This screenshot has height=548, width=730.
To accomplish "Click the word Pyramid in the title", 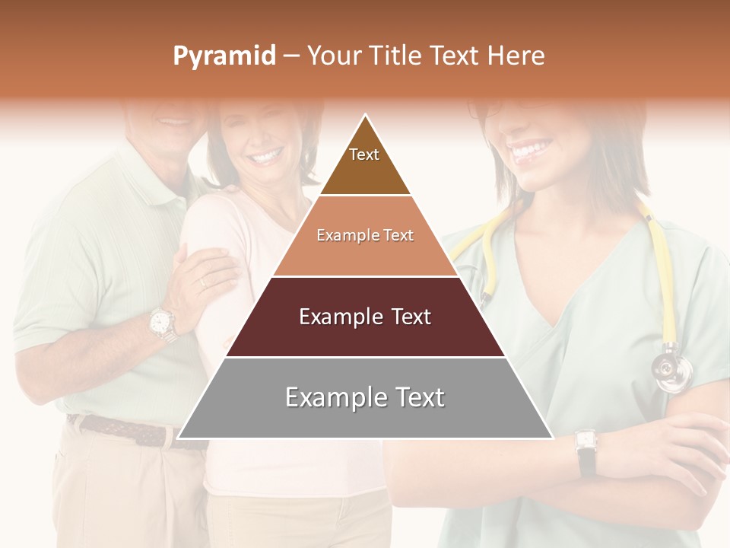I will click(224, 56).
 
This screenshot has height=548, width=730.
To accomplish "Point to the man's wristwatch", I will click(162, 323).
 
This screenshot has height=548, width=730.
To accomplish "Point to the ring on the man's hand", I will click(202, 283).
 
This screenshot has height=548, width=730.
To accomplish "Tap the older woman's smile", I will click(265, 158).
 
